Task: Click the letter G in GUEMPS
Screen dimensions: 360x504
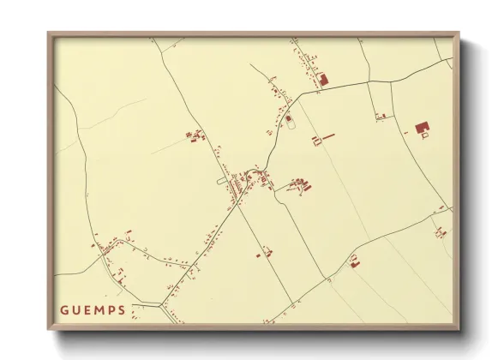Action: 65,310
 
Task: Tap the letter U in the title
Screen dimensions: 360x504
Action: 78,310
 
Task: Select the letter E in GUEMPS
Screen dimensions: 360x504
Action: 90,310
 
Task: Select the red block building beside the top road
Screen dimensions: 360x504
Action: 323,79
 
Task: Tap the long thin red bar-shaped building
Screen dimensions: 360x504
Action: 328,135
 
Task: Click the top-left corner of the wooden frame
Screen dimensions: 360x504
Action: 49,33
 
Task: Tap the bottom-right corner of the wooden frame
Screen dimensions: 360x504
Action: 459,329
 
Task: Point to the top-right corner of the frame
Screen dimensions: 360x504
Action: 459,33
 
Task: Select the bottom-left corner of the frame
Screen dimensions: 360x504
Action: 49,329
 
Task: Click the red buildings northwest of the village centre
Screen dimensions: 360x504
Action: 195,135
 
